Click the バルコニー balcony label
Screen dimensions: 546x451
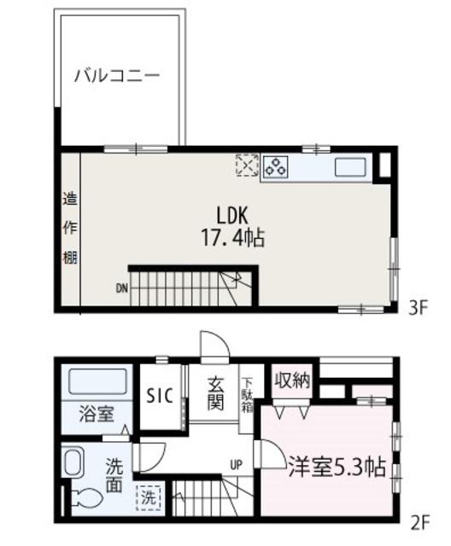coord(116,75)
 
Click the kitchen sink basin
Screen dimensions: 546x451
coord(350,165)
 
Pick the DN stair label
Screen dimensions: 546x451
coord(122,288)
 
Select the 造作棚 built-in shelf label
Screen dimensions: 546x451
coord(70,229)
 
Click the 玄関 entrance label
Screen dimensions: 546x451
coord(215,395)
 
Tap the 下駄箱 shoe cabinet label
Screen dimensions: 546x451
coord(246,394)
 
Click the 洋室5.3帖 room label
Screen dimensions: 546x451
coord(335,467)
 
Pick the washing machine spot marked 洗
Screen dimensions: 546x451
coord(149,497)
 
